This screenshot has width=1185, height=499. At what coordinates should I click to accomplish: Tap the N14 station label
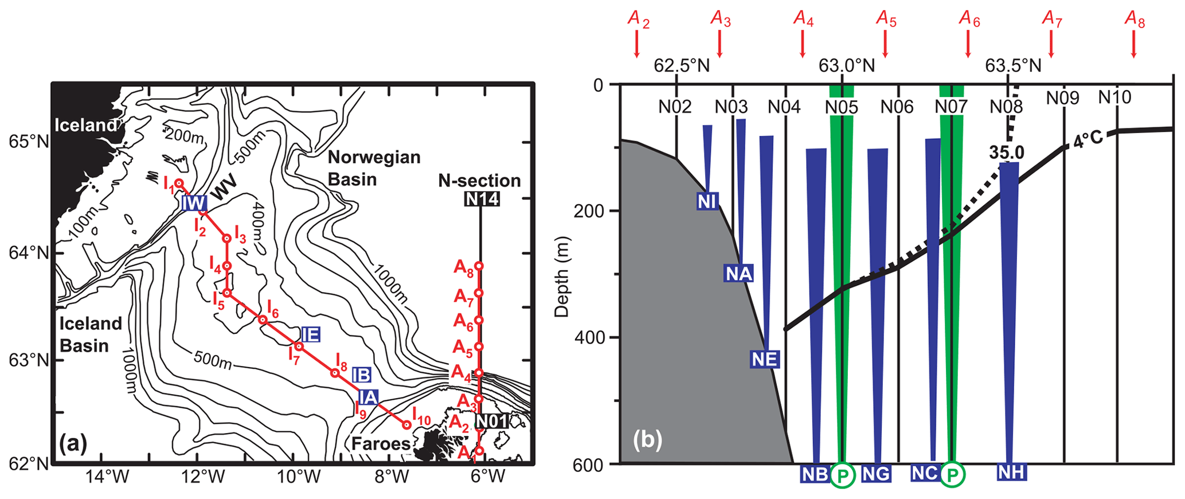[482, 199]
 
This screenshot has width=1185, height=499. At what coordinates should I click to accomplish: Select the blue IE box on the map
[310, 334]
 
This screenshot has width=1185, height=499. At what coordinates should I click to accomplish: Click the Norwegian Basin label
[374, 168]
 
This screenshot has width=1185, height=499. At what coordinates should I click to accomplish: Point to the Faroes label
[381, 443]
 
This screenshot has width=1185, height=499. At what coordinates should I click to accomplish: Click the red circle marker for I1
[179, 183]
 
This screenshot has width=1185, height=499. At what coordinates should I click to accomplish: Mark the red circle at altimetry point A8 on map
[479, 266]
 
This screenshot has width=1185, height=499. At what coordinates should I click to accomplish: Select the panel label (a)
[73, 443]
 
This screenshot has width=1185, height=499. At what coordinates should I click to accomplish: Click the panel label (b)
[648, 440]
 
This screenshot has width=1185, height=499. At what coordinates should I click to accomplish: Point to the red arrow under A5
[885, 44]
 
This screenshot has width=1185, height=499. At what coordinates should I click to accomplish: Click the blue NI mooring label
[707, 201]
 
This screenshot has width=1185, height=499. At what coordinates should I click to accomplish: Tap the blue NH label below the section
[1012, 472]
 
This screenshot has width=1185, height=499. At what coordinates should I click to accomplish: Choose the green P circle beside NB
[842, 474]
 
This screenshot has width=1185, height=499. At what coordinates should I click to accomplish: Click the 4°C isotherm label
[1088, 140]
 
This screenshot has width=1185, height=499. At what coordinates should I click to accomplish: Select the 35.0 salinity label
[1006, 152]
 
